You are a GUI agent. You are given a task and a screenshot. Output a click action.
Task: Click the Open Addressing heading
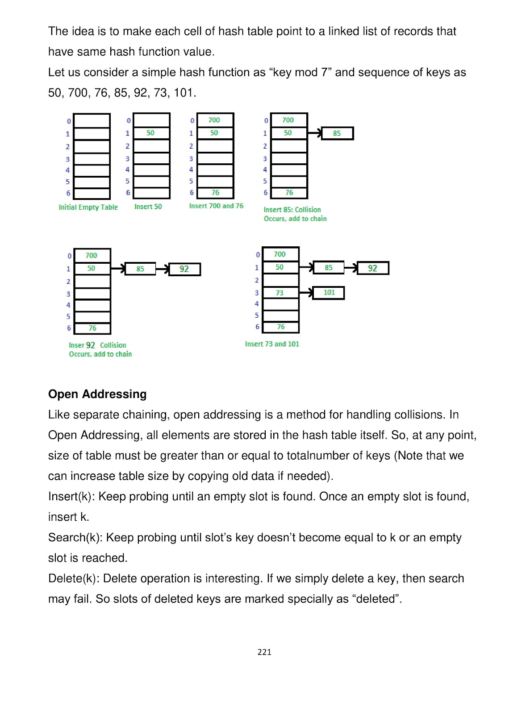point(97,394)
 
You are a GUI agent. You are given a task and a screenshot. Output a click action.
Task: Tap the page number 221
point(264,652)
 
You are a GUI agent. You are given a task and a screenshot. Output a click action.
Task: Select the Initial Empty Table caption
point(88,207)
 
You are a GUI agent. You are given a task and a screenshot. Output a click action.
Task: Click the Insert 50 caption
point(148,207)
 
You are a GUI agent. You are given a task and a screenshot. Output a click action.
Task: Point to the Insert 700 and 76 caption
point(216,206)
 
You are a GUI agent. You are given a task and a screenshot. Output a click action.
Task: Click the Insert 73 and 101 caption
point(272,344)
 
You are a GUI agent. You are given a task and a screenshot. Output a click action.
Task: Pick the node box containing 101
point(329,293)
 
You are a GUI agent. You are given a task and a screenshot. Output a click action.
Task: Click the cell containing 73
point(280,293)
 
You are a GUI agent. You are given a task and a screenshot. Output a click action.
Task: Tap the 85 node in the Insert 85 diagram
point(337,133)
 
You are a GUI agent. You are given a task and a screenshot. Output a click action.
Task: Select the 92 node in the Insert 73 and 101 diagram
point(373,268)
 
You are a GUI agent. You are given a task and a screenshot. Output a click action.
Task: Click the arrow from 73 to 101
point(306,293)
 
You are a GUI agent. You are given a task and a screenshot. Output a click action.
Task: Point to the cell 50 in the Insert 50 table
point(151,133)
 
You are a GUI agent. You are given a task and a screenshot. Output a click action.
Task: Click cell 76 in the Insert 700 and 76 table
point(215,193)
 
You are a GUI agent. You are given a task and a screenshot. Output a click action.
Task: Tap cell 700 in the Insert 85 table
point(288,120)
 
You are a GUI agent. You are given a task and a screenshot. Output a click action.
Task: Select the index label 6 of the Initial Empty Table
point(68,193)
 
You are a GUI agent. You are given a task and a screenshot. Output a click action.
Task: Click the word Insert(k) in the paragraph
point(71,496)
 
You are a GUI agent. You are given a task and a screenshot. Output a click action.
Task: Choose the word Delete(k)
point(74,578)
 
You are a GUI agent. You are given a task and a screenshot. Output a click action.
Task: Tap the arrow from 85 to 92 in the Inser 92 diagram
point(162,269)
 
